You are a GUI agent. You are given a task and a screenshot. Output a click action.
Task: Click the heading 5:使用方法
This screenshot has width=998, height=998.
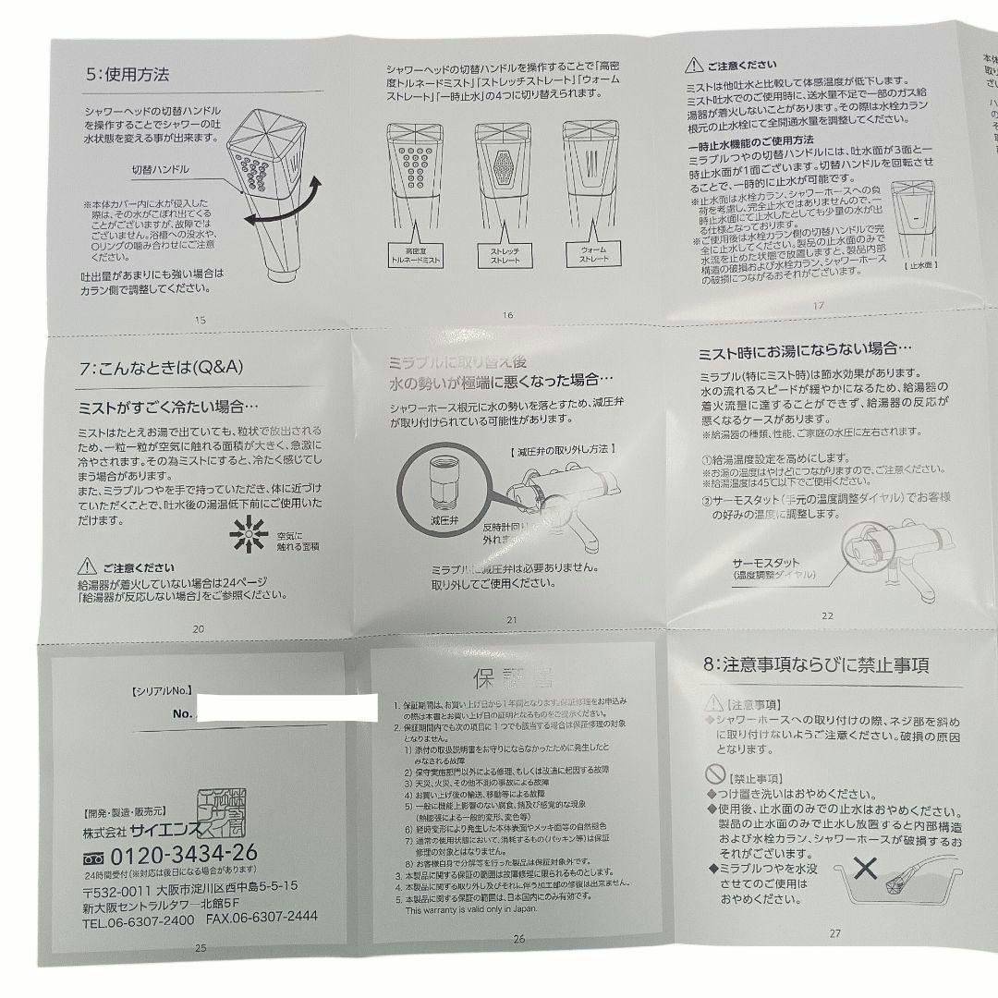coord(124,71)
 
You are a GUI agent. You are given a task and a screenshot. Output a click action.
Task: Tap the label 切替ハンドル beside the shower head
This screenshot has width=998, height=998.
coord(162,170)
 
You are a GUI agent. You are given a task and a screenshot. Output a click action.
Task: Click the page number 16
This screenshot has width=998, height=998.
coord(507,315)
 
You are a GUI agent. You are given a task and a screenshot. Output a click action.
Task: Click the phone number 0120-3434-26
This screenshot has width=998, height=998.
coord(183,851)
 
